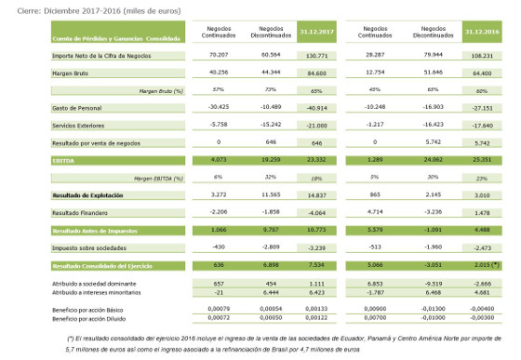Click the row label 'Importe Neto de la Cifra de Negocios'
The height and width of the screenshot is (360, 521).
tap(88, 58)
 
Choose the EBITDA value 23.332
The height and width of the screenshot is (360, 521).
tap(314, 161)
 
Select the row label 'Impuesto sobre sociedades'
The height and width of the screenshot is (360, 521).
tap(74, 247)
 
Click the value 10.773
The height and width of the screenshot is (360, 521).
tap(314, 229)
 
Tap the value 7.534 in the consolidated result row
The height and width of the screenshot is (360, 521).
tap(315, 264)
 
